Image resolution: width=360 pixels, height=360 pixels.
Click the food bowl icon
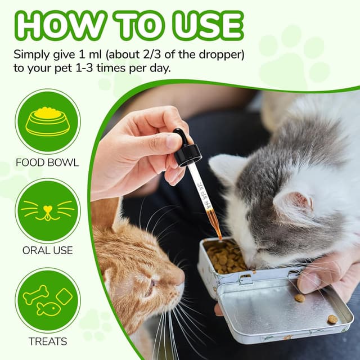pyautogui.click(x=48, y=121)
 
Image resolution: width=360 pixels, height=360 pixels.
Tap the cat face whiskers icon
pyautogui.click(x=48, y=211)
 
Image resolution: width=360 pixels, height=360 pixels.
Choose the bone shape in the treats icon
pyautogui.click(x=36, y=295)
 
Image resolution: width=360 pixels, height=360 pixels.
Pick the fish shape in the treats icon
pyautogui.click(x=49, y=309)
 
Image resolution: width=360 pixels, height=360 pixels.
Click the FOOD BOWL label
pyautogui.click(x=47, y=163)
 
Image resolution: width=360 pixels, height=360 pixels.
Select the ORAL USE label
pyautogui.click(x=47, y=250)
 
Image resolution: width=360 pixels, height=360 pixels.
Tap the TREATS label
pyautogui.click(x=48, y=341)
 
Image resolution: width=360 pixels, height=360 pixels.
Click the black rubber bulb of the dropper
pyautogui.click(x=181, y=137)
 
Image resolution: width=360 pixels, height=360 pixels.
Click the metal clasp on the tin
pyautogui.click(x=245, y=278)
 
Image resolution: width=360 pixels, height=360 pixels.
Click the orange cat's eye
pyautogui.click(x=152, y=283)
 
